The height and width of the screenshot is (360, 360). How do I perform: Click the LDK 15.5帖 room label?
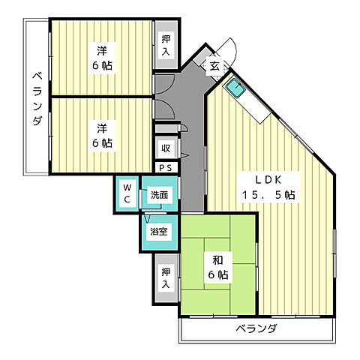point(268,187)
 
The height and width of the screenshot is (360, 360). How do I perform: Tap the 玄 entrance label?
point(214,66)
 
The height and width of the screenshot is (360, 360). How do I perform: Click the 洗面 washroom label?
point(160,195)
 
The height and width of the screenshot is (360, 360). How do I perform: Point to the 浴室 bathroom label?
point(159,232)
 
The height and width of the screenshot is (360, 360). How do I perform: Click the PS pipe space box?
point(166,168)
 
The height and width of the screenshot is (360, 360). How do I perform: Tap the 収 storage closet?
point(166,148)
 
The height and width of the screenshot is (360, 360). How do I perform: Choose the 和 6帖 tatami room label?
point(218,267)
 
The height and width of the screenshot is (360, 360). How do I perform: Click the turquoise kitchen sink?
point(235,88)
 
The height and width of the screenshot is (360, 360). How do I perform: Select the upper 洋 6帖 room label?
point(102,58)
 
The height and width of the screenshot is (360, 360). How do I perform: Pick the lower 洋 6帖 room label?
point(102,136)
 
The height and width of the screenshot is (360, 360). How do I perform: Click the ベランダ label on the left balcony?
point(37,99)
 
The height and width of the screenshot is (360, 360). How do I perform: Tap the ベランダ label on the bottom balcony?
point(256,328)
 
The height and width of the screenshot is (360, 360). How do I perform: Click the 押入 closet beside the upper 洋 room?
point(166,45)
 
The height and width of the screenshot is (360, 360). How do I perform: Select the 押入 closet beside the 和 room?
point(166,278)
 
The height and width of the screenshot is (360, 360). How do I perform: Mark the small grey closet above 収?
point(167,128)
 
